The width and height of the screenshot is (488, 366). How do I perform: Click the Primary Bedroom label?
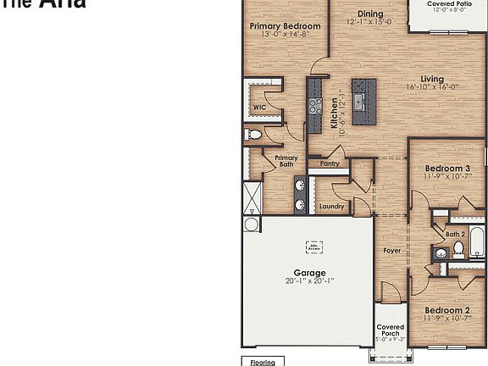pyautogui.click(x=285, y=26)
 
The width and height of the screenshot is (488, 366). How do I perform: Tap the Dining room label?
pyautogui.click(x=369, y=14)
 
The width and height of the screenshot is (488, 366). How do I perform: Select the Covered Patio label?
pyautogui.click(x=449, y=4)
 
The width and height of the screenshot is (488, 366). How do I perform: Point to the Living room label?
pyautogui.click(x=432, y=80)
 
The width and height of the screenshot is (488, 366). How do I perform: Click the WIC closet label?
pyautogui.click(x=259, y=108)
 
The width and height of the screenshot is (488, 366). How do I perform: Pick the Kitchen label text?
pyautogui.click(x=335, y=113)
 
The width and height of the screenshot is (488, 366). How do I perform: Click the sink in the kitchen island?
pyautogui.click(x=359, y=103)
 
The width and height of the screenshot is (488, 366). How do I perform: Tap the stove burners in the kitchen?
pyautogui.click(x=314, y=106)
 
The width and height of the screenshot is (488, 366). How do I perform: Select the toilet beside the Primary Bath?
pyautogui.click(x=253, y=135)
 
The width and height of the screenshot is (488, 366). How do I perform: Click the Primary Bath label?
pyautogui.click(x=286, y=161)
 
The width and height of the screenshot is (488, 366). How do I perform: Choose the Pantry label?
pyautogui.click(x=330, y=164)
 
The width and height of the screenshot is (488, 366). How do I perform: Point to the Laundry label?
pyautogui.click(x=331, y=206)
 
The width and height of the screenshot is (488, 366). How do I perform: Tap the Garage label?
pyautogui.click(x=309, y=273)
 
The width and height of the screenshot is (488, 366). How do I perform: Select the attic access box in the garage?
pyautogui.click(x=314, y=247)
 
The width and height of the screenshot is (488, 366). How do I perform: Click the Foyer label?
pyautogui.click(x=391, y=251)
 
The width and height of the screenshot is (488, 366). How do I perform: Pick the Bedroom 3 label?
pyautogui.click(x=447, y=169)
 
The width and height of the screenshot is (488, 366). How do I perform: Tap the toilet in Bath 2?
pyautogui.click(x=458, y=248)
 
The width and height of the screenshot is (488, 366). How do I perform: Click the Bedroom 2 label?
pyautogui.click(x=447, y=311)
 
